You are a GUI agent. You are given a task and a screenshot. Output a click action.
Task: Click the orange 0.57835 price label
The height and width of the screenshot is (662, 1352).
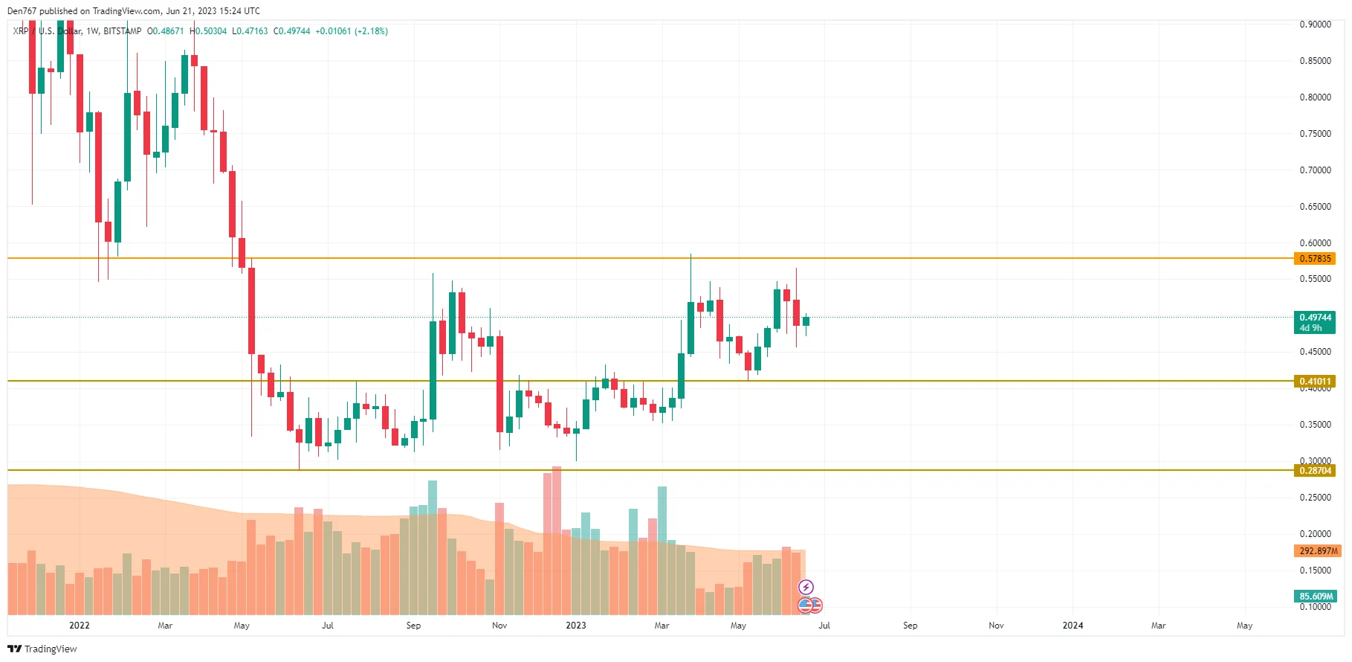(x=1315, y=259)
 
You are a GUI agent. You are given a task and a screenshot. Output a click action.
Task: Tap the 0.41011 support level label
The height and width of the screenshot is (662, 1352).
(x=1315, y=382)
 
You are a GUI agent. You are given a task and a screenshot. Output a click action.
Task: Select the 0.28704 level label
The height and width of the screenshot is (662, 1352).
(x=1315, y=471)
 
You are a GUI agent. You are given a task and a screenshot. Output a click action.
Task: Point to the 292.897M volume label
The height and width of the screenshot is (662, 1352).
(x=1318, y=551)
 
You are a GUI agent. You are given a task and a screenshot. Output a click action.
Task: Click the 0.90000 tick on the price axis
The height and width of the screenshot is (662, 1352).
(x=1315, y=25)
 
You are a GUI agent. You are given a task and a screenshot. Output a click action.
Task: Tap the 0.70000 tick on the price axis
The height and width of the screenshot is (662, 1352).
(x=1315, y=170)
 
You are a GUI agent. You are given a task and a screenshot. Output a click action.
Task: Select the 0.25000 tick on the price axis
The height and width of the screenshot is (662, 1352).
(x=1315, y=498)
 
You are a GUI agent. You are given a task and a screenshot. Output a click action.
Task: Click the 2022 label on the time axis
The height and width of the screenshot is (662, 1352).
(x=80, y=626)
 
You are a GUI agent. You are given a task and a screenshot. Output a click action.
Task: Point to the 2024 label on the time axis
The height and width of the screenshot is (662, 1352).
(x=1073, y=626)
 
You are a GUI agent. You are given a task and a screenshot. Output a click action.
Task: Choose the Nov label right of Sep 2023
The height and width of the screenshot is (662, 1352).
(x=996, y=626)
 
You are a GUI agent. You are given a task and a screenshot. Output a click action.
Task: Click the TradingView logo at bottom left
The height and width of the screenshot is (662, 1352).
(x=42, y=649)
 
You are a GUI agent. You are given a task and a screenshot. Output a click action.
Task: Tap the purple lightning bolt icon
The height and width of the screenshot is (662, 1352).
(x=806, y=588)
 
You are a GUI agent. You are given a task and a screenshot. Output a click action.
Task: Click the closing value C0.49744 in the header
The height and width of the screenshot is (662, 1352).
(x=292, y=31)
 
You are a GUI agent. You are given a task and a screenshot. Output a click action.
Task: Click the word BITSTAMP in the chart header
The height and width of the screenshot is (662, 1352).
(x=122, y=31)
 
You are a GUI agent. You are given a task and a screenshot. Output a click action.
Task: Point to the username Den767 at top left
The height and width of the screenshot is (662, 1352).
(x=22, y=11)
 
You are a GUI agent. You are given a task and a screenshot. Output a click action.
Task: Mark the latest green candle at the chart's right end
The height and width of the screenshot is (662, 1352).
(x=806, y=321)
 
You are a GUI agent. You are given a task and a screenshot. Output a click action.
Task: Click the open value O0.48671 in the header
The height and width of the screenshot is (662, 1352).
(x=165, y=31)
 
